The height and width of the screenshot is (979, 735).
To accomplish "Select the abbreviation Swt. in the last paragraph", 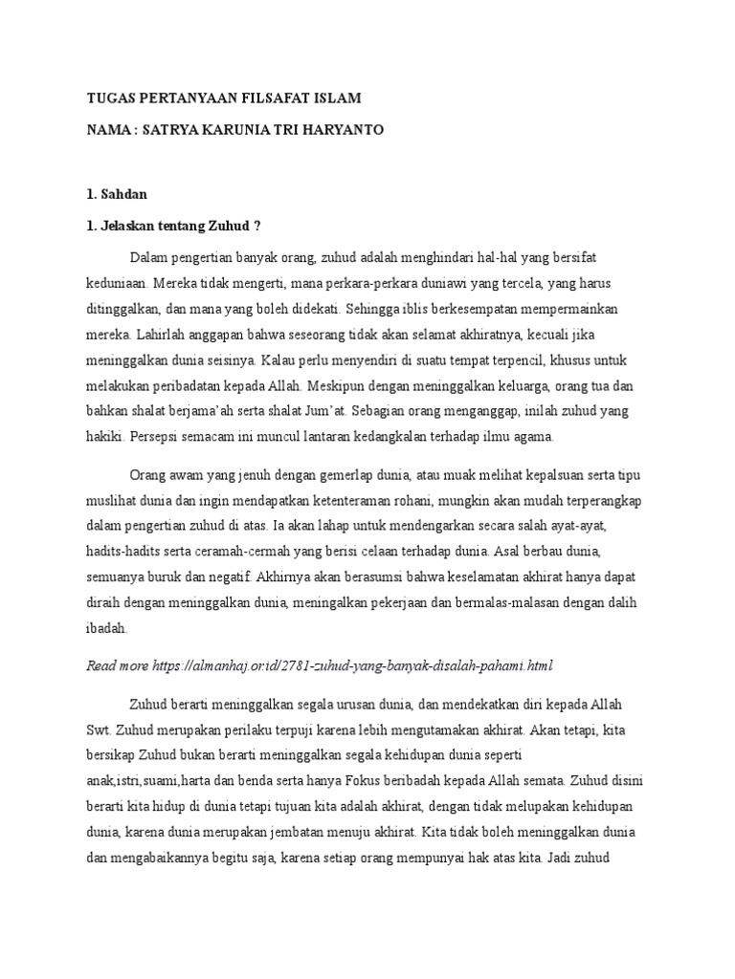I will coord(100,729).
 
